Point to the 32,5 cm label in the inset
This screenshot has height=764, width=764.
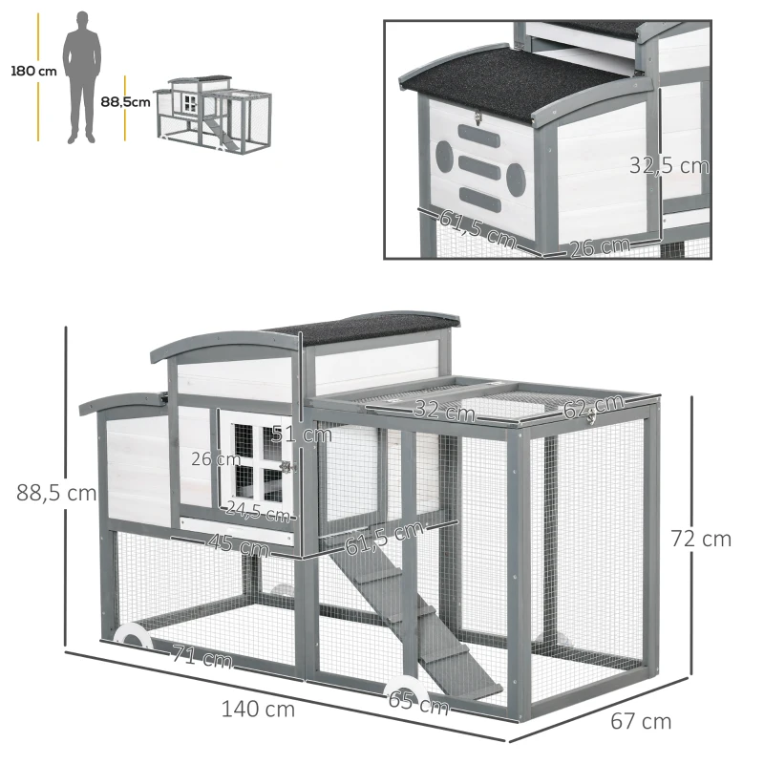[668, 165]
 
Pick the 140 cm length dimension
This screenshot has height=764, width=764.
[258, 710]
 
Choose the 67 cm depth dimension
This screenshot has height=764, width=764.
[640, 721]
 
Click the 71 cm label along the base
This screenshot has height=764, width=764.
[202, 657]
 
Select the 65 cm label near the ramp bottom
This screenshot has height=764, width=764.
[417, 705]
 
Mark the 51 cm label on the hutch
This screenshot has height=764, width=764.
[302, 435]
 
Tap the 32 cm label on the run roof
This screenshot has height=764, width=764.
[444, 413]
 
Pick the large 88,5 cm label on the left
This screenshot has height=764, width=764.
[56, 494]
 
